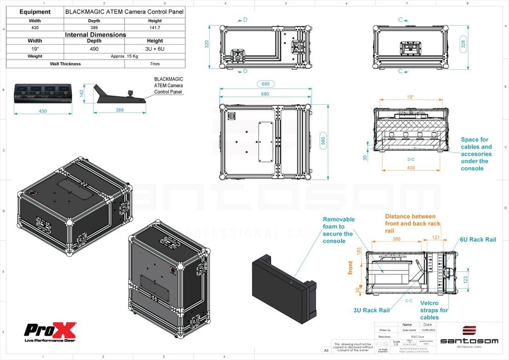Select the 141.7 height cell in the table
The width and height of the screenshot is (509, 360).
[155, 27]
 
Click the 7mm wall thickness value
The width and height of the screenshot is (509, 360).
[155, 64]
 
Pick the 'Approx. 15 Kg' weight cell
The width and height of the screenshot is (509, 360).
[125, 56]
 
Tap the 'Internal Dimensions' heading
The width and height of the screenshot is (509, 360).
[95, 35]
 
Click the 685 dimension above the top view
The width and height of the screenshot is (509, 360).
[264, 84]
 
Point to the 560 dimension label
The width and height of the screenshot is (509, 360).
[323, 141]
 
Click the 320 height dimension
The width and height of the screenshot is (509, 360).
[207, 44]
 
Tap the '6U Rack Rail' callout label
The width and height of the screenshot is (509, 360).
[476, 239]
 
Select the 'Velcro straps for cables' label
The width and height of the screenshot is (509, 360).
[433, 310]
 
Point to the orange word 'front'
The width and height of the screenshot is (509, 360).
[350, 268]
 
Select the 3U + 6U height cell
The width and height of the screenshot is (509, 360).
[155, 48]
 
